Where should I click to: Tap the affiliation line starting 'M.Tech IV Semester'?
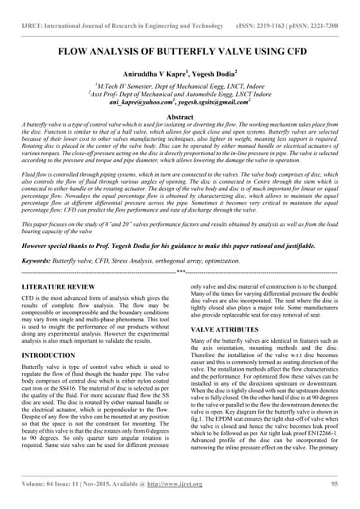point(180,84)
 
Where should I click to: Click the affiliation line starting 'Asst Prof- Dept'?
point(180,93)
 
